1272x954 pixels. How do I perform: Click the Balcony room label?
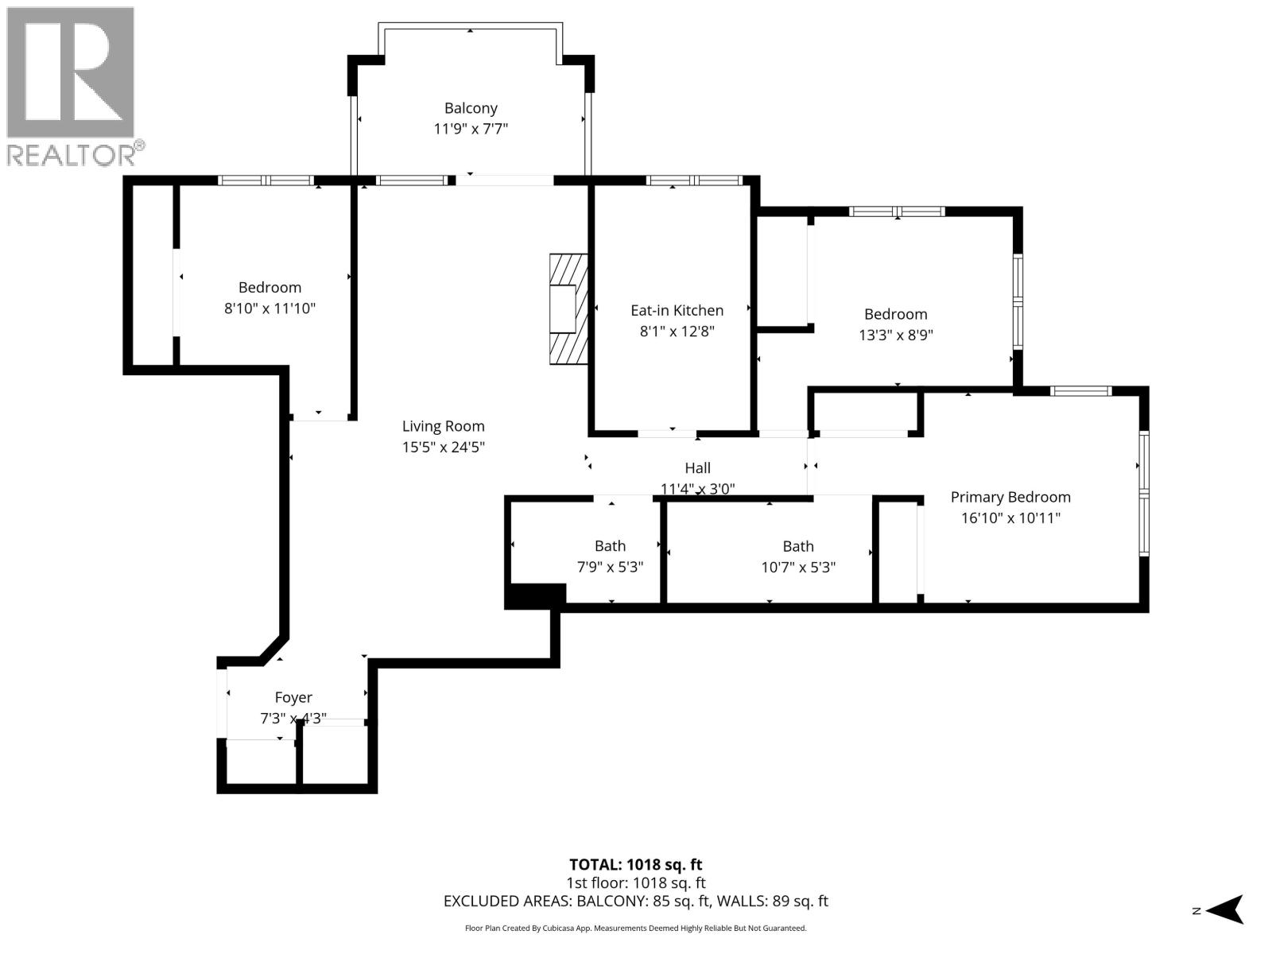[471, 108]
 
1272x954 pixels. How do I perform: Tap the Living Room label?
[444, 426]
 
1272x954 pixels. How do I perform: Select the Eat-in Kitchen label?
[677, 311]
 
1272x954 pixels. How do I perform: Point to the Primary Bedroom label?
[1010, 497]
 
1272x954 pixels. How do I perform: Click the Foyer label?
[293, 697]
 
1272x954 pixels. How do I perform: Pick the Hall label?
[698, 468]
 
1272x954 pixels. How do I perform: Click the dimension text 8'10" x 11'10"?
[270, 308]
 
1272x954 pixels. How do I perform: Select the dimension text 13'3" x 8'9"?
[896, 335]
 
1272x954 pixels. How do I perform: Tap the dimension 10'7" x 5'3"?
[798, 567]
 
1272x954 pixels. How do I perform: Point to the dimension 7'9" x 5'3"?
[611, 567]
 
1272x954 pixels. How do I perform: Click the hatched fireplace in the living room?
[568, 309]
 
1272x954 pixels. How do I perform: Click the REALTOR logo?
[73, 87]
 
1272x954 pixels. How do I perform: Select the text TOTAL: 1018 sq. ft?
[636, 865]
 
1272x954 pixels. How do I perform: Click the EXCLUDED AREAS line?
[636, 902]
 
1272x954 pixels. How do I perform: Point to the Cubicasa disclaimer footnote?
[636, 928]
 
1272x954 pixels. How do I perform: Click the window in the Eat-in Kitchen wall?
[694, 180]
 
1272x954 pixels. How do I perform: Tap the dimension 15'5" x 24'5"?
[444, 447]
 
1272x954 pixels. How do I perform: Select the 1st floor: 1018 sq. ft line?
[636, 882]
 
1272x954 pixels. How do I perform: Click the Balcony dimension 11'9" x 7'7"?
[471, 129]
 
